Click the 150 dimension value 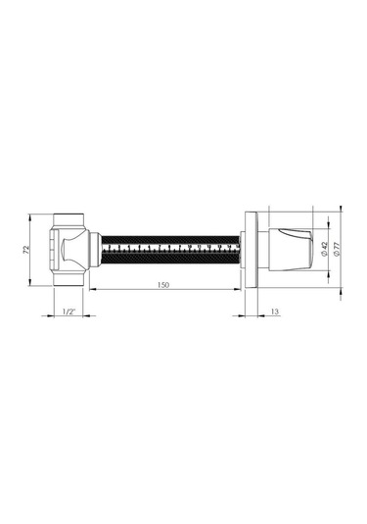tap(163, 285)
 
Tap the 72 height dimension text tap(26, 250)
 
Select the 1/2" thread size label tap(69, 311)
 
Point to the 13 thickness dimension tap(274, 311)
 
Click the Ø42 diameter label tap(325, 249)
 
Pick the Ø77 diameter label tap(337, 249)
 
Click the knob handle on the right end tap(291, 250)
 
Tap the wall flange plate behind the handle tap(252, 250)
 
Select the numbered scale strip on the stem tap(170, 248)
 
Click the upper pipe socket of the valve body tap(69, 220)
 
